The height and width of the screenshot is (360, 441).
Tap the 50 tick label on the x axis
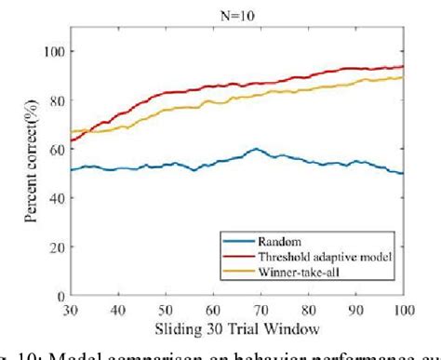click(166, 310)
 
